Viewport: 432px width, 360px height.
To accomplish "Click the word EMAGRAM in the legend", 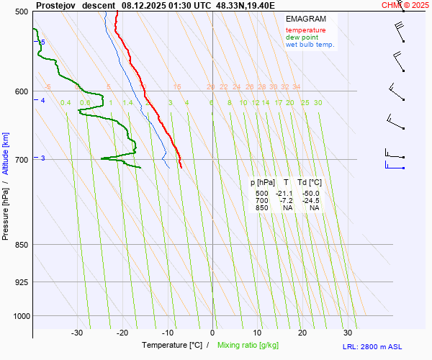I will pyautogui.click(x=305, y=18).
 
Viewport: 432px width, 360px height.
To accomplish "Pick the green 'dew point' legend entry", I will pyautogui.click(x=302, y=37).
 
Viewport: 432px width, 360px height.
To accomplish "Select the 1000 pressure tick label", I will pyautogui.click(x=20, y=315).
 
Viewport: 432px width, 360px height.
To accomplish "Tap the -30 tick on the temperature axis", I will pyautogui.click(x=77, y=333).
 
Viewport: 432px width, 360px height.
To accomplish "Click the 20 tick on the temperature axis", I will pyautogui.click(x=302, y=333).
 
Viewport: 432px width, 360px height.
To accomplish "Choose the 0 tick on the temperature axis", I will pyautogui.click(x=212, y=333).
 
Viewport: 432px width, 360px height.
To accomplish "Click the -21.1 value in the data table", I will pyautogui.click(x=285, y=193).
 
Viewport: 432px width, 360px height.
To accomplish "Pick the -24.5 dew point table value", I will pyautogui.click(x=310, y=200).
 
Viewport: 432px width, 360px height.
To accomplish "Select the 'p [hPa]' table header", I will pyautogui.click(x=261, y=183).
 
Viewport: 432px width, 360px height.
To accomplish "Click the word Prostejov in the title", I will pyautogui.click(x=55, y=4).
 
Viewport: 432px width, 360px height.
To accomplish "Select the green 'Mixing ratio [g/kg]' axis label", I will pyautogui.click(x=248, y=346).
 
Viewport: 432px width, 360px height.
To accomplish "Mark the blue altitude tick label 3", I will pyautogui.click(x=43, y=158).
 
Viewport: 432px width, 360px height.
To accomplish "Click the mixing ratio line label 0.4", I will pyautogui.click(x=66, y=103).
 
